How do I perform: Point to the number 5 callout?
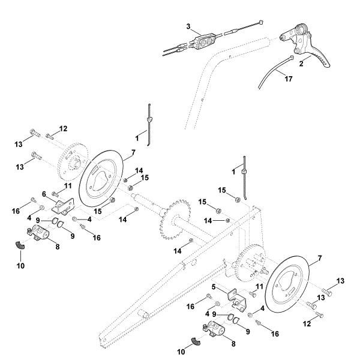[214, 287]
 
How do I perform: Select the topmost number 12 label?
[64, 128]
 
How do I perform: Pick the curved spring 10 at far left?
[21, 245]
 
